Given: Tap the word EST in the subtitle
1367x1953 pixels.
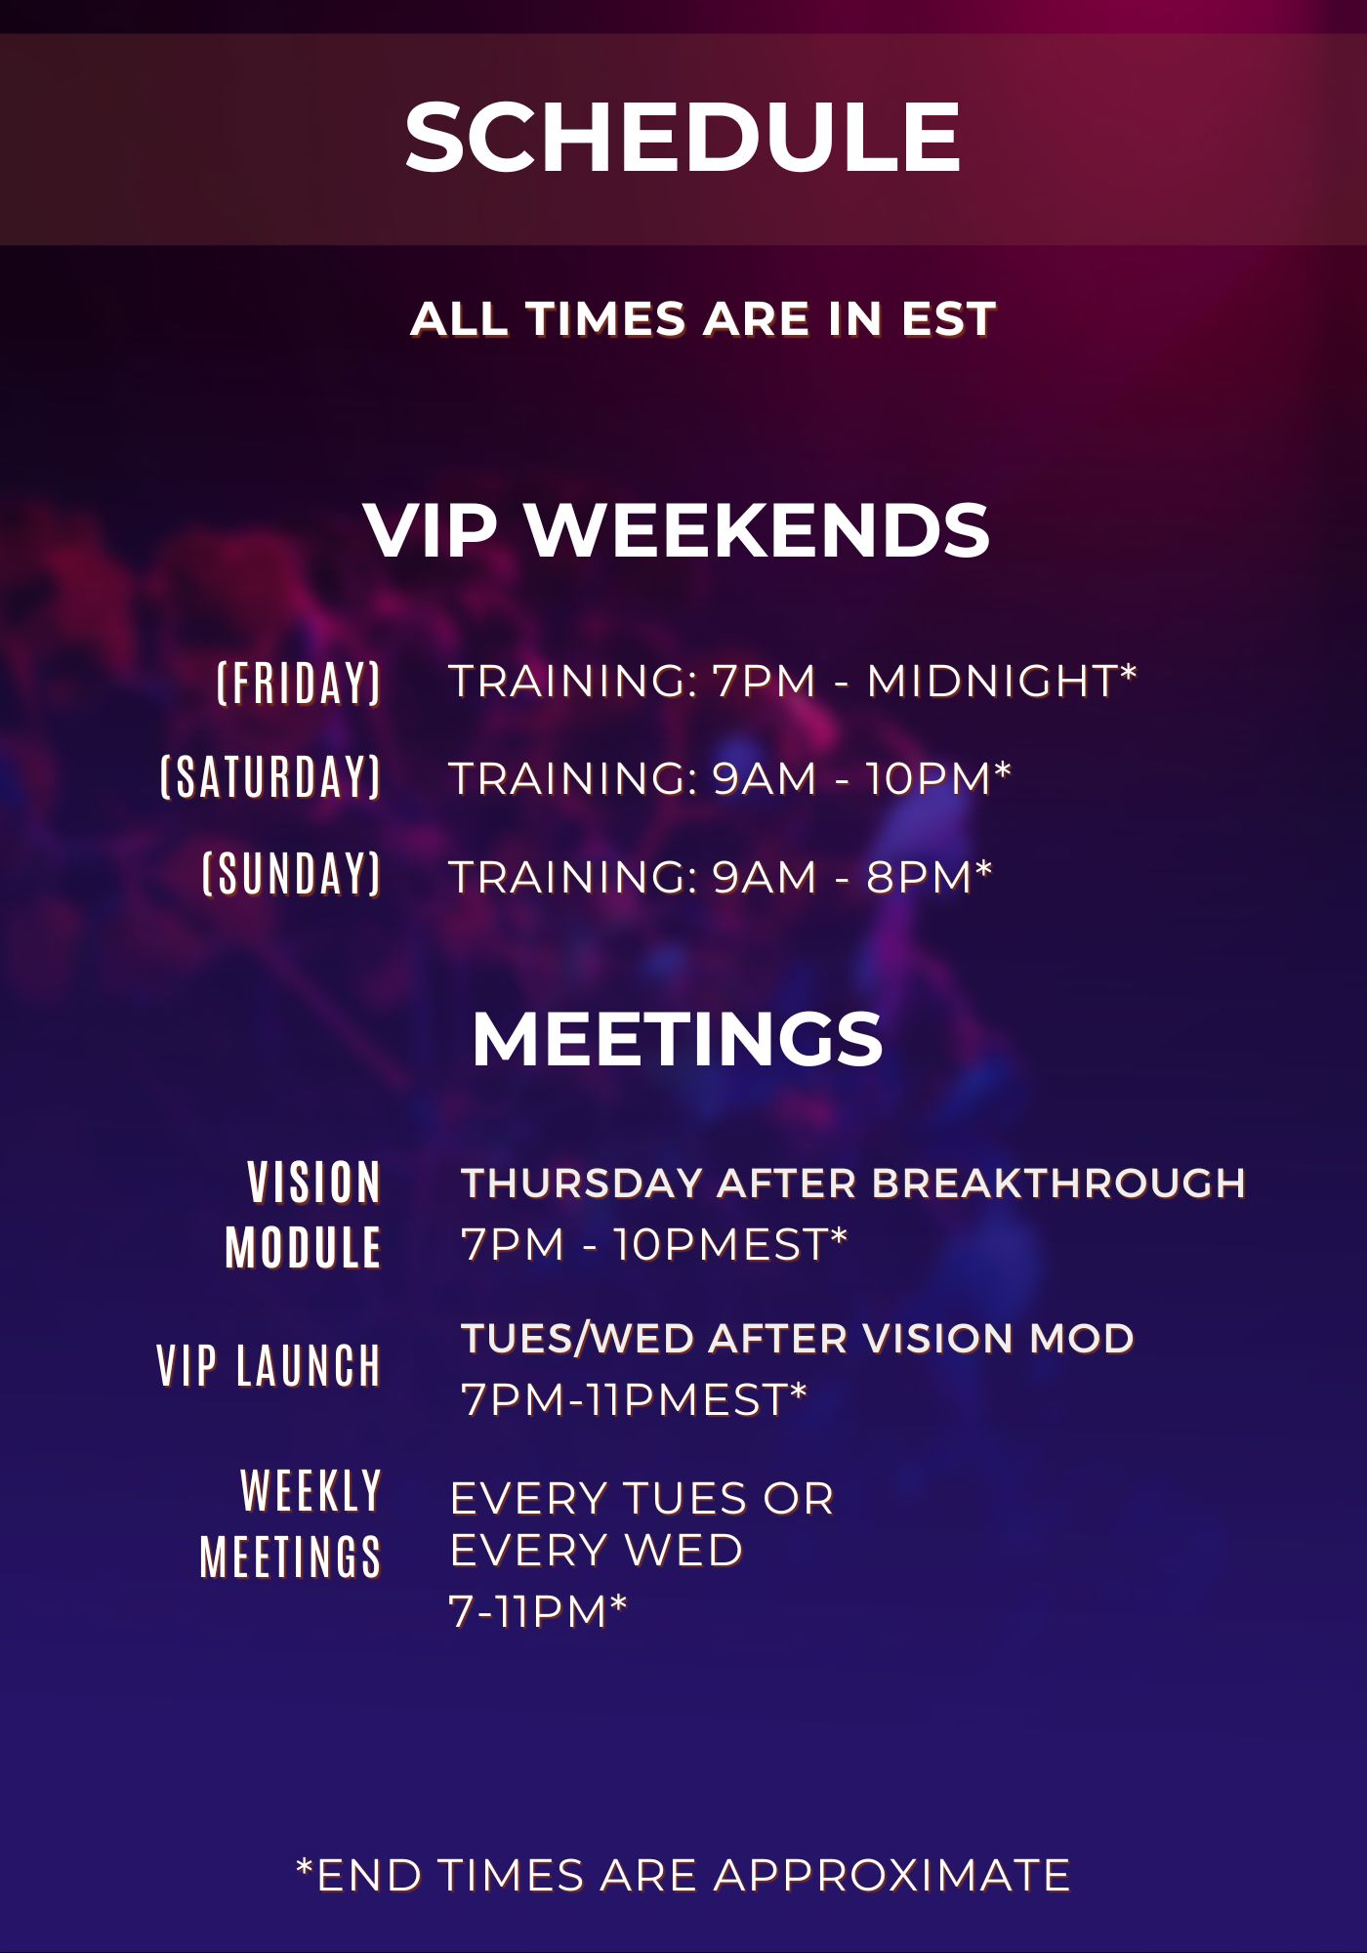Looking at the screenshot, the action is (948, 319).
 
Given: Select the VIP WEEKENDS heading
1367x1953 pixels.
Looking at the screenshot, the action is (678, 530).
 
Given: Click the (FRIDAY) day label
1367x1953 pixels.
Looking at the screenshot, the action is (299, 683).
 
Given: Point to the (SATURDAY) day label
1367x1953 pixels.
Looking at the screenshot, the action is (270, 777).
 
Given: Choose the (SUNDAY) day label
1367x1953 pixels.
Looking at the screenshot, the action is (291, 873).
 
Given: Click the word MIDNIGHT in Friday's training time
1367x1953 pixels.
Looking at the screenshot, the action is (992, 682).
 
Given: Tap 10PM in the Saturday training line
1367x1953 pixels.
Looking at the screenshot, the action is (929, 779).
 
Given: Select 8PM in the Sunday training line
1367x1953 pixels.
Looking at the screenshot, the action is (919, 877).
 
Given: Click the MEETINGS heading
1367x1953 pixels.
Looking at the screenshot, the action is (678, 1038).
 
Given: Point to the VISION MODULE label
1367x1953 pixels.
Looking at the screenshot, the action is (303, 1215).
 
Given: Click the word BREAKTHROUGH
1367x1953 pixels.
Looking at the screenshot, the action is (1058, 1184).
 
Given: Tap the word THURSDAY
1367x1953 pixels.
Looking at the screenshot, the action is (582, 1184).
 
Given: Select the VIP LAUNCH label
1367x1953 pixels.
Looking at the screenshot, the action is (269, 1365).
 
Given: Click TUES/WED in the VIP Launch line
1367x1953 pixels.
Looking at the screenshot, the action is (576, 1339).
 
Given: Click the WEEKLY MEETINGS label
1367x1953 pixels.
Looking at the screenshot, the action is (290, 1523).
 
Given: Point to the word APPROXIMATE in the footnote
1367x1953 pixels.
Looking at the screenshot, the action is (892, 1876).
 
